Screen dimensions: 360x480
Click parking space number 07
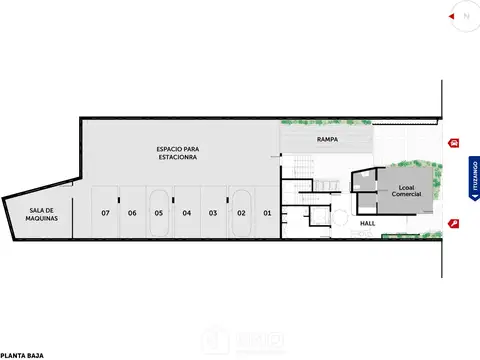tap(105, 213)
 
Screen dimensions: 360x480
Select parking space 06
tap(131, 213)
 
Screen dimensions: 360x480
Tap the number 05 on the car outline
tap(158, 213)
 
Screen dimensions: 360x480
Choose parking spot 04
tap(186, 213)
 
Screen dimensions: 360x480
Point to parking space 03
tap(213, 213)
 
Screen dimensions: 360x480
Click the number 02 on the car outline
tap(241, 213)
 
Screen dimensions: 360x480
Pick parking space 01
tap(267, 213)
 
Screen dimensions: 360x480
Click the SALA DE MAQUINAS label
tap(42, 214)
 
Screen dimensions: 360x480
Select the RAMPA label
tap(326, 138)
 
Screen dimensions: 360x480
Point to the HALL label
tap(368, 224)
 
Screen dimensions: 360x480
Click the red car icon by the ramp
tap(456, 143)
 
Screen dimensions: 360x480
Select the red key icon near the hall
tap(455, 224)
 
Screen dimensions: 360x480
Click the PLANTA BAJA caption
tap(21, 354)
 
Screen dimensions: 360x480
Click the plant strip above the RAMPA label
tap(325, 123)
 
